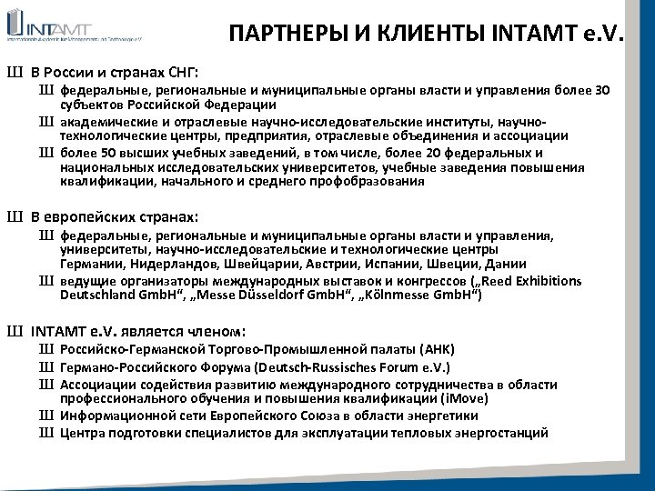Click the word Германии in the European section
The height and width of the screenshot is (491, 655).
tap(88, 265)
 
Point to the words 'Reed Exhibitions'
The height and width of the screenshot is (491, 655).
tap(530, 280)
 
